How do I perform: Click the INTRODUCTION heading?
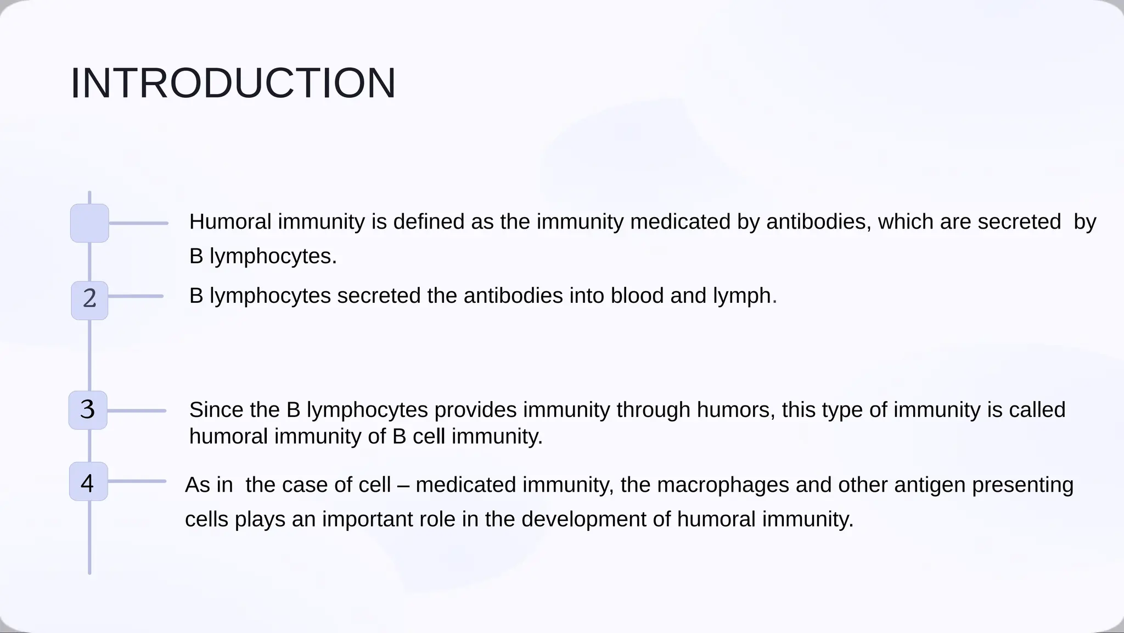point(233,84)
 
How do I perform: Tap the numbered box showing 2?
point(89,299)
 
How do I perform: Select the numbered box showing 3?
point(88,410)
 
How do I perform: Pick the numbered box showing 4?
point(88,482)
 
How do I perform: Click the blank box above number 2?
point(89,223)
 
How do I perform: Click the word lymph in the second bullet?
point(742,297)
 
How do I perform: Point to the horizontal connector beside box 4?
point(137,481)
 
